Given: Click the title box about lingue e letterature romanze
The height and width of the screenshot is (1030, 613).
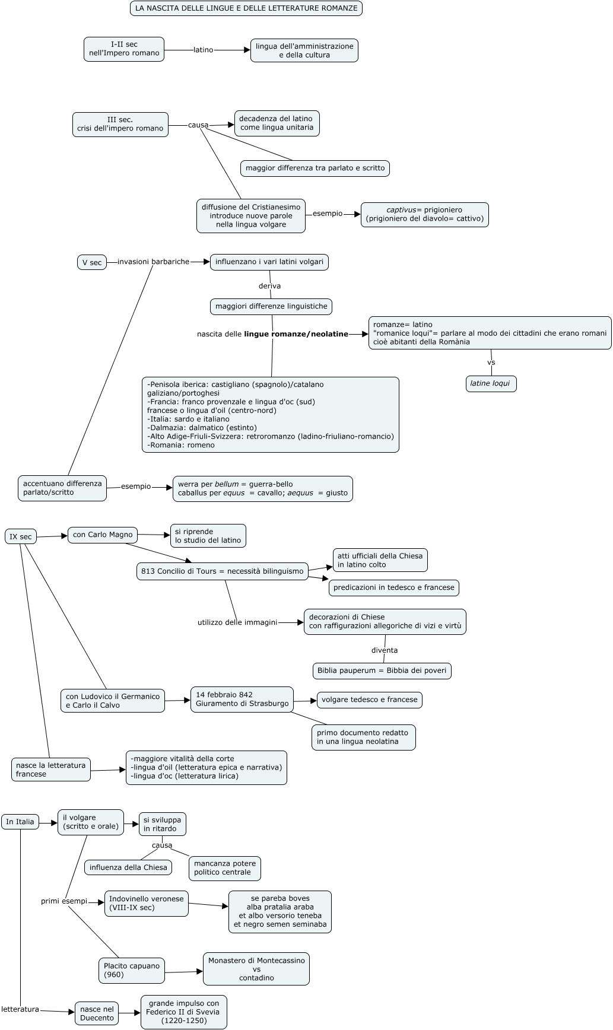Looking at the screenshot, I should click(x=246, y=8).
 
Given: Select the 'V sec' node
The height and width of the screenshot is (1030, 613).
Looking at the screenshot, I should click(x=92, y=262).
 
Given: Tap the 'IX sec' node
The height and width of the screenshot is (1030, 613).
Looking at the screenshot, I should click(x=21, y=537).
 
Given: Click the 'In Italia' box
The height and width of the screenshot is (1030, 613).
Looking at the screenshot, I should click(x=20, y=822).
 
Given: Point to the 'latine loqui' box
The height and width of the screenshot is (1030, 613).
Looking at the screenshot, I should click(x=491, y=384).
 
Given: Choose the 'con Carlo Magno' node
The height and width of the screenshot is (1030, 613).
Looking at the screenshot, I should click(x=103, y=535).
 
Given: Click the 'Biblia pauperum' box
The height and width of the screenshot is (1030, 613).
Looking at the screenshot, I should click(x=382, y=671).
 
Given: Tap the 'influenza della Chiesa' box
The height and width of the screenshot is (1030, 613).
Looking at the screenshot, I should click(x=128, y=867).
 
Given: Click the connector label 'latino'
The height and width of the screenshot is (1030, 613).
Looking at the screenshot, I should click(x=204, y=50).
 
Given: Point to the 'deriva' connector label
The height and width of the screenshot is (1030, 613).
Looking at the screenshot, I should click(x=269, y=286).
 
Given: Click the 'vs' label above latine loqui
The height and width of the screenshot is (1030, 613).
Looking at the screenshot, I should click(x=491, y=363).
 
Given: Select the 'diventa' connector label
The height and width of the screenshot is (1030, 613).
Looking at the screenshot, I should click(x=385, y=650).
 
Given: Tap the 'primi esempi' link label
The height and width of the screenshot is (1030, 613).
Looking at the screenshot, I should click(x=64, y=901).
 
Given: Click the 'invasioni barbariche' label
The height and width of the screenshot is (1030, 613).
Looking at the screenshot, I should click(x=153, y=262).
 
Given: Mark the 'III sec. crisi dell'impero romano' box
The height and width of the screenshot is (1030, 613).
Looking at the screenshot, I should click(x=120, y=125).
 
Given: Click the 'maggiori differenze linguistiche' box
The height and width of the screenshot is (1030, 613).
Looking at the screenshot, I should click(x=271, y=307).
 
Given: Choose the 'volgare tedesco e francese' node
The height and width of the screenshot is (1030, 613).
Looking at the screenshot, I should click(x=370, y=700).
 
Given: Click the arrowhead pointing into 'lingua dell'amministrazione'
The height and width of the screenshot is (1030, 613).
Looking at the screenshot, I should click(x=246, y=50).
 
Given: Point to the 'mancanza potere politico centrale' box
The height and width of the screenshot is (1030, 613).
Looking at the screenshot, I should click(x=225, y=868).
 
